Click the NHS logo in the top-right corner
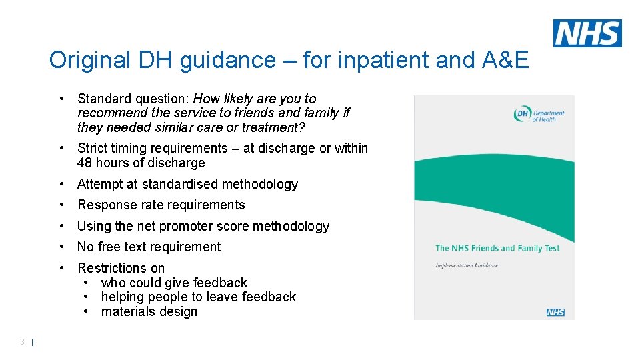tap(587, 33)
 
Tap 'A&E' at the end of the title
tap(504, 61)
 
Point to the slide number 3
tap(23, 342)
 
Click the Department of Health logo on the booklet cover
tap(539, 115)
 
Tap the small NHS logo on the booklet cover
tap(555, 312)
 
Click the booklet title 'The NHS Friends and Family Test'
tap(497, 248)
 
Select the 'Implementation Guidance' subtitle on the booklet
tap(467, 265)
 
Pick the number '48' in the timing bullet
tap(85, 163)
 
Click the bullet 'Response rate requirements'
tap(161, 205)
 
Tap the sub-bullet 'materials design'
tap(149, 312)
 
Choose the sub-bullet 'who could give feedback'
tap(174, 283)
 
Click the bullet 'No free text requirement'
tap(149, 247)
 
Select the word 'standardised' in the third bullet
tap(179, 185)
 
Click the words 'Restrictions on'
tap(121, 269)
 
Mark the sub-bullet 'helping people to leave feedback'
tap(198, 297)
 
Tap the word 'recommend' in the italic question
tap(109, 113)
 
